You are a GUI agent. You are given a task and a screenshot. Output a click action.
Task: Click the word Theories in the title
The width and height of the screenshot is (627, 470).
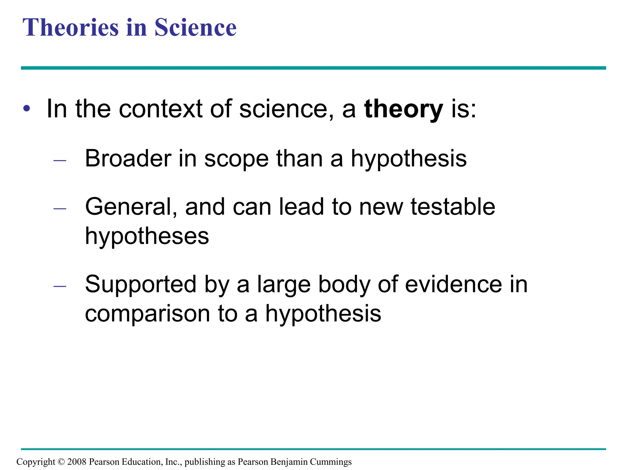point(70,28)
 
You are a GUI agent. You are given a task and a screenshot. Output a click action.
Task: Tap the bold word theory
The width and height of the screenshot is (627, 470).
point(403,109)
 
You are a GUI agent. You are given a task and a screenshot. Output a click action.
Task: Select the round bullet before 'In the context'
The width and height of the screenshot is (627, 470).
point(27,108)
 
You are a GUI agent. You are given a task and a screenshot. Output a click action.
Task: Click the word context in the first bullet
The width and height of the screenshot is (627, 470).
point(160,109)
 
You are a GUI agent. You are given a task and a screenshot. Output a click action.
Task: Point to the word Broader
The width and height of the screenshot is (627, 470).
point(128,159)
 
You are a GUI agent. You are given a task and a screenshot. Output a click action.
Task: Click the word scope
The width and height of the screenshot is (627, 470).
point(236,159)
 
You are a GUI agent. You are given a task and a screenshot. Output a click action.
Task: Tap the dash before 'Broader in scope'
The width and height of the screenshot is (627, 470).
point(60,160)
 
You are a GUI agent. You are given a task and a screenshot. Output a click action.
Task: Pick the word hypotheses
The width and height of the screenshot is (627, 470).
point(147,236)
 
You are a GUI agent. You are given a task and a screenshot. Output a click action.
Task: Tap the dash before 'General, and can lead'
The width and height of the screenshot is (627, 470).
point(60,209)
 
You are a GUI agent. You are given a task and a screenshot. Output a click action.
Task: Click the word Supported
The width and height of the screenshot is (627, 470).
point(141,285)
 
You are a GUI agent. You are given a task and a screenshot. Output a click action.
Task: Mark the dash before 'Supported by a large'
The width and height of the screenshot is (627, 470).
point(60,286)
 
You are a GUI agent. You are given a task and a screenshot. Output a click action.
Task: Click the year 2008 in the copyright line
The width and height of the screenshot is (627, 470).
point(77,461)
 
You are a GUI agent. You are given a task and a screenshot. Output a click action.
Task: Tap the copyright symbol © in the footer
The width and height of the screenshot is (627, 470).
point(61,461)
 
